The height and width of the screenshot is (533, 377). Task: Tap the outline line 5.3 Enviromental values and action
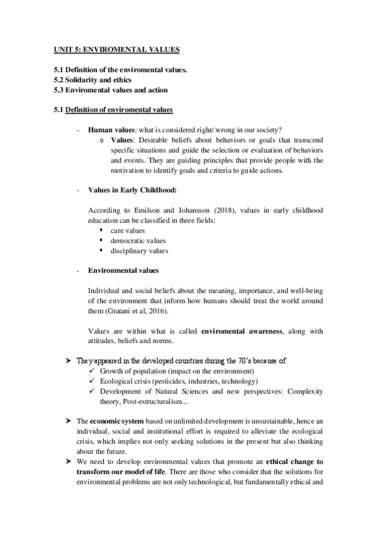(x=110, y=90)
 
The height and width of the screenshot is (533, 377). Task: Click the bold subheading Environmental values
(x=123, y=270)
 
